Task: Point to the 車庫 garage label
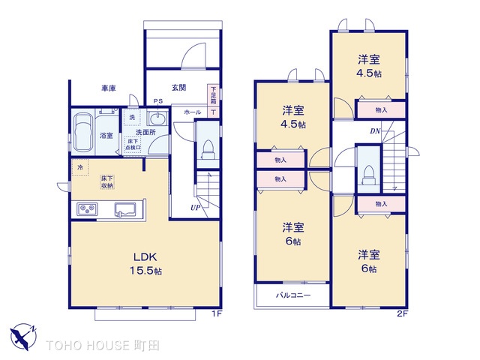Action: point(109,88)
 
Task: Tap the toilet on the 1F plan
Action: point(208,143)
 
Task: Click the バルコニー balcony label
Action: point(292,296)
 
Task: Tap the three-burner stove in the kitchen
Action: point(86,209)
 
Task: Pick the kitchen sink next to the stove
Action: point(126,209)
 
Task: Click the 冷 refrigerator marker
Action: point(80,166)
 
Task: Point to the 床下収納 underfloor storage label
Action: point(109,181)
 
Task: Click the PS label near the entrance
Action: point(158,100)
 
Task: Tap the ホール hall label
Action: point(192,111)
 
